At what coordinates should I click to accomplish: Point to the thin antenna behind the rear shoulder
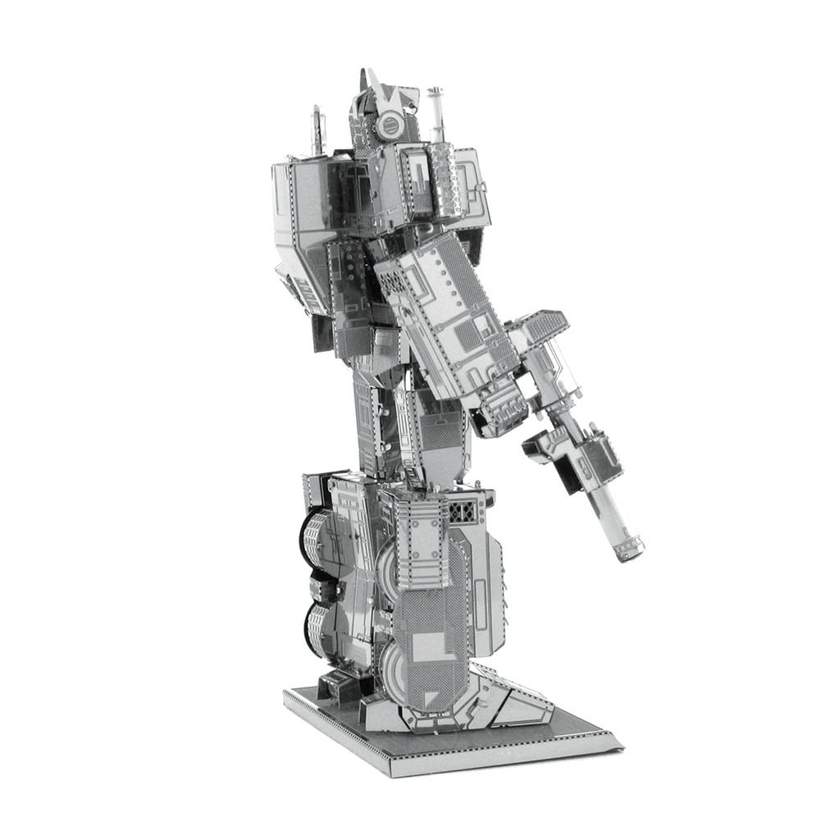coord(315,131)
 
